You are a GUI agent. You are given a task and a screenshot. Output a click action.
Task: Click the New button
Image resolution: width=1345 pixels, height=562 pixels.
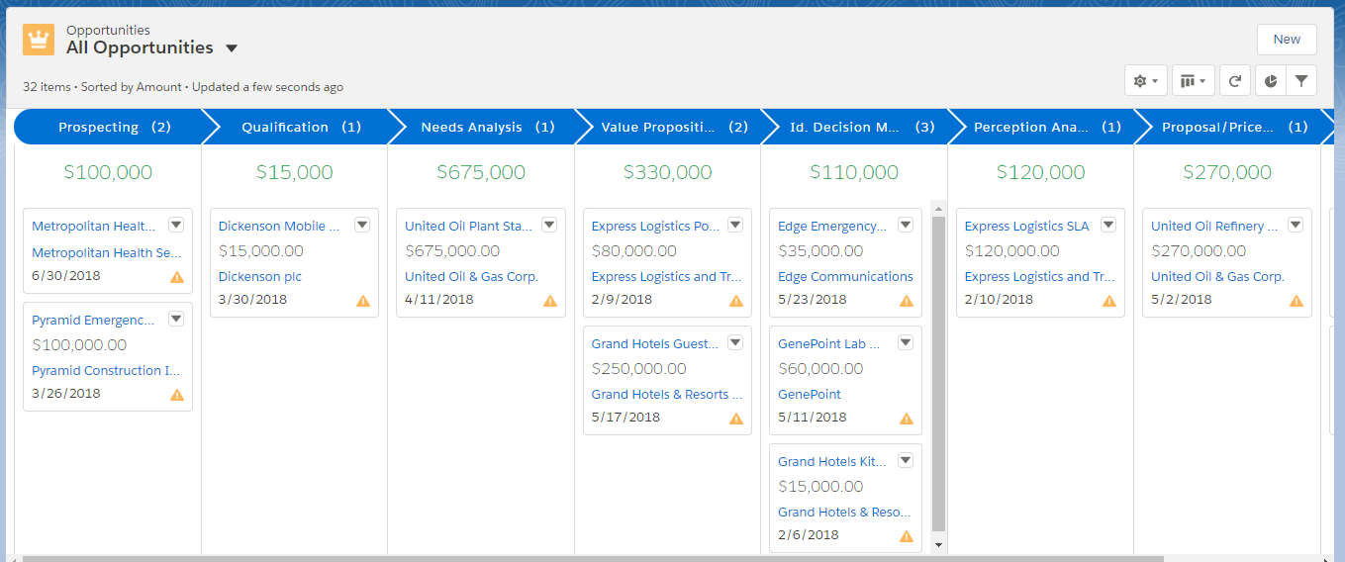click(x=1286, y=40)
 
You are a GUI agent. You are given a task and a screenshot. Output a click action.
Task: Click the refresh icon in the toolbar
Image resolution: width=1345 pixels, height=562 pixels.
click(x=1234, y=81)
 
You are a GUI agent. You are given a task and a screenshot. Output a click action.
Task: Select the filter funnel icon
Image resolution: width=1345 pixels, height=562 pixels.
click(x=1301, y=81)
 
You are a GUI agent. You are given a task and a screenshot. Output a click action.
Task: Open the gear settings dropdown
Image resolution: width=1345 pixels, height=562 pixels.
click(x=1145, y=81)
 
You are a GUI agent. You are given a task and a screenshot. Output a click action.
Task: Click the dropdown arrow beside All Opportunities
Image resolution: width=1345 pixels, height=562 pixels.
click(x=232, y=48)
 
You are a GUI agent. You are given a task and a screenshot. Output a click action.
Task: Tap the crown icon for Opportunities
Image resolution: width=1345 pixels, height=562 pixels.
click(x=39, y=41)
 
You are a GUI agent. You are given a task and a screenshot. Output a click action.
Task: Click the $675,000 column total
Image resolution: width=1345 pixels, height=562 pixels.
click(x=481, y=172)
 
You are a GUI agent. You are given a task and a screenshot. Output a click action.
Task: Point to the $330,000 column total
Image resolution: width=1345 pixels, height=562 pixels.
click(x=667, y=172)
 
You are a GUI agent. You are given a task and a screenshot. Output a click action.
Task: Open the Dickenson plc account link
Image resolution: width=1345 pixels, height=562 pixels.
click(x=260, y=277)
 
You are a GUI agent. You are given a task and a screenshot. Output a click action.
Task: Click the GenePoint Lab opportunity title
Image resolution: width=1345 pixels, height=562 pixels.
click(x=821, y=343)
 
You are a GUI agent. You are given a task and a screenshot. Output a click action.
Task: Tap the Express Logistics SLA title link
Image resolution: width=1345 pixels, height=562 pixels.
click(x=1026, y=226)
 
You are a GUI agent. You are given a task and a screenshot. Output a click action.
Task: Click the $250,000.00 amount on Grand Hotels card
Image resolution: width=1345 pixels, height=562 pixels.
click(x=638, y=368)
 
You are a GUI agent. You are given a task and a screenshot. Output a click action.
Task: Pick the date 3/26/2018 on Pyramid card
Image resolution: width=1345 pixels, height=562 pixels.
click(x=66, y=393)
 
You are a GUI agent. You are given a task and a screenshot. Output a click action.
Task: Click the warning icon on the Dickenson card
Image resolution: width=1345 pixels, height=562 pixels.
click(x=363, y=301)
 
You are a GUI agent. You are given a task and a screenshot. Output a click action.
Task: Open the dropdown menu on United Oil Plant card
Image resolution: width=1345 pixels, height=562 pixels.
click(x=548, y=225)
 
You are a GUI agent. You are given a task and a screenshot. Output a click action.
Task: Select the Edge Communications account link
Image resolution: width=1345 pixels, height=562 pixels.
click(x=845, y=277)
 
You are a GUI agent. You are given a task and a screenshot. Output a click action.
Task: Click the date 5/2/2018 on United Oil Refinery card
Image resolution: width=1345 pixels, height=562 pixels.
click(x=1181, y=299)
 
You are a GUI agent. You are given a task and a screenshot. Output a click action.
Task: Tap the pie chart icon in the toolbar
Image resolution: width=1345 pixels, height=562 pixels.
click(x=1270, y=81)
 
